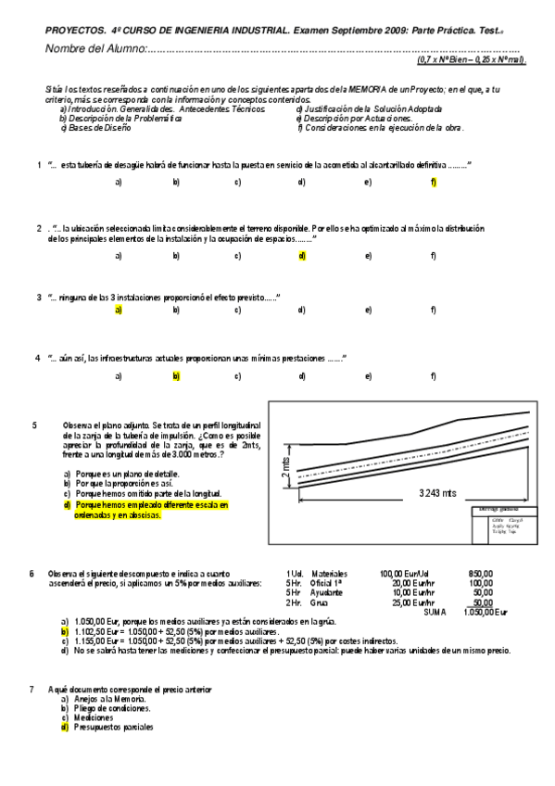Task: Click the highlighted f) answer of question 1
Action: click(434, 182)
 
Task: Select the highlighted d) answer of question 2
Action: click(302, 255)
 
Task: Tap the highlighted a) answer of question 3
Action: click(119, 311)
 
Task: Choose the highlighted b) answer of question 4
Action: click(175, 376)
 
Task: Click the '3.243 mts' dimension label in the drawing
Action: click(438, 493)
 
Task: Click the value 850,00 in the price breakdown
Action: click(482, 573)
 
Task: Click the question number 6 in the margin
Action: click(33, 573)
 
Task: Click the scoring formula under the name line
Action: click(471, 60)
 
